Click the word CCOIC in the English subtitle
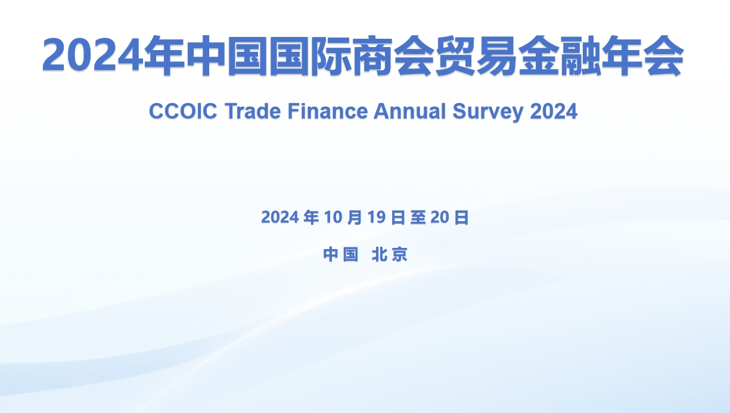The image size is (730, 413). [x=183, y=111]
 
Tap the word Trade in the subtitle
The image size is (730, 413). [x=253, y=111]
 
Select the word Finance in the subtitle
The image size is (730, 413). [x=328, y=111]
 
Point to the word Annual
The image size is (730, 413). [x=409, y=111]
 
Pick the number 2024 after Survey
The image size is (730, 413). [x=554, y=111]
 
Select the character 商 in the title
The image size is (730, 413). [x=372, y=56]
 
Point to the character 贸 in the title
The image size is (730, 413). [x=455, y=56]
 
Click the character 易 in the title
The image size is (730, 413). [x=497, y=56]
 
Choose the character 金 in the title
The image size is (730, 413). [x=539, y=56]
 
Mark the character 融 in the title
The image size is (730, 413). [x=580, y=56]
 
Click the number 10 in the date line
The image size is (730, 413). [x=333, y=218]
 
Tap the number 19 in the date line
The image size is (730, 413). [x=377, y=218]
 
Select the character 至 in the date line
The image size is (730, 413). [x=418, y=218]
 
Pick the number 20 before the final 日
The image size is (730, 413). [x=440, y=218]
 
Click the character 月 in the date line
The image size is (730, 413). [x=354, y=218]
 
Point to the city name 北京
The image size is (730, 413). [x=390, y=254]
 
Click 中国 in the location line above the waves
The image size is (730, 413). [x=340, y=254]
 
